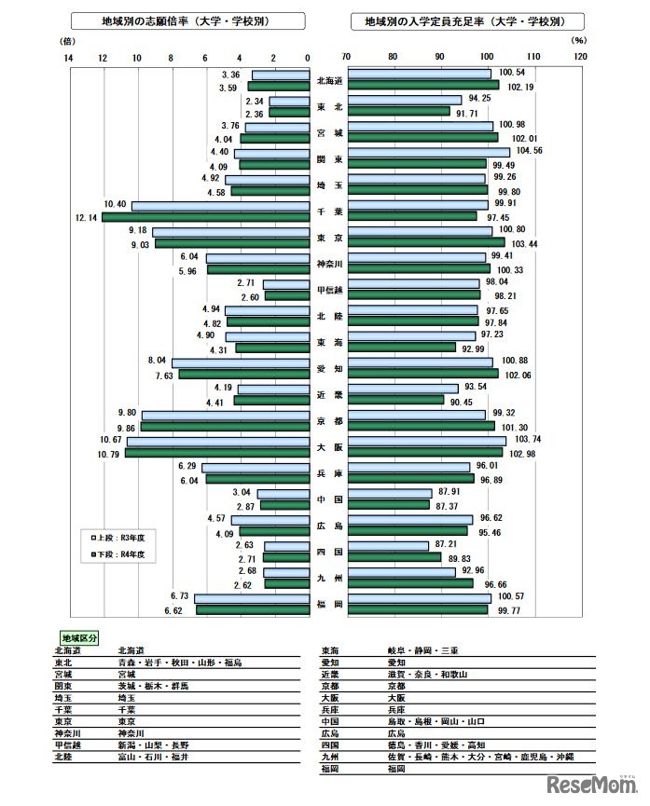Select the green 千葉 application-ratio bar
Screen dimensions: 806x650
click(205, 217)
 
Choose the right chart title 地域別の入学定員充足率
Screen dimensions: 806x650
click(469, 20)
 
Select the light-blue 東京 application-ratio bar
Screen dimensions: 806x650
click(230, 232)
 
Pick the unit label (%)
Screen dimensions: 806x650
click(578, 41)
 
